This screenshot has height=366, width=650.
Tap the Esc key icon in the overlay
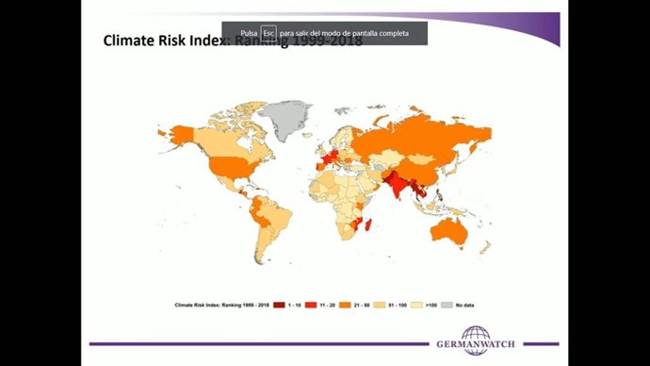pos(268,33)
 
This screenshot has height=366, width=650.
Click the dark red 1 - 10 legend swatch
pos(279,306)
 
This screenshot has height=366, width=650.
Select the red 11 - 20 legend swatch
pos(311,306)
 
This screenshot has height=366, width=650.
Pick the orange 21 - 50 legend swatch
pos(347,306)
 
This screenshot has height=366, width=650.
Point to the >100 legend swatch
pos(417,306)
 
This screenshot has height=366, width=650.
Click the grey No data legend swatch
pos(448,306)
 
